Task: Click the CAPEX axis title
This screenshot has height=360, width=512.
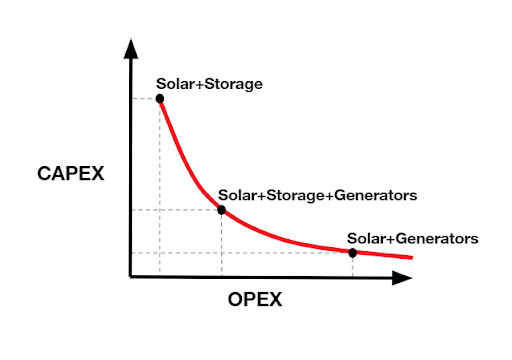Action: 71,175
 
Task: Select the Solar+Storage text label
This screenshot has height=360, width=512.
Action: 209,84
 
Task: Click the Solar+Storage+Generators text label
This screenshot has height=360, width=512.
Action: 317,194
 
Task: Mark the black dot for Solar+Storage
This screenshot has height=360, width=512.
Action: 160,98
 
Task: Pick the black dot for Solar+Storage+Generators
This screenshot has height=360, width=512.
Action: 221,210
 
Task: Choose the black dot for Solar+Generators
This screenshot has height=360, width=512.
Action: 353,252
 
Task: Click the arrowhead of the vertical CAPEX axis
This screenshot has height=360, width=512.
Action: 130,47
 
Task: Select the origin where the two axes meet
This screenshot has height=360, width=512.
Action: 130,276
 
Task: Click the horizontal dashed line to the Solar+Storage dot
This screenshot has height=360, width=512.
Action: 145,98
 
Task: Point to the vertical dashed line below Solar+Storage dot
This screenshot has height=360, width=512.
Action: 160,190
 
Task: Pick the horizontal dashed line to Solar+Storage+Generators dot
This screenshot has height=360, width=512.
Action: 175,210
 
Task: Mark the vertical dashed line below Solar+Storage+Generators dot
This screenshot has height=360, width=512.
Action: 221,244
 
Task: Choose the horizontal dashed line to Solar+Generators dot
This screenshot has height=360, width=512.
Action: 240,252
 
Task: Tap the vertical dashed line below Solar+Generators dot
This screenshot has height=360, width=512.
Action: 353,264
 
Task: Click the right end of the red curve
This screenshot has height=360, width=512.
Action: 411,258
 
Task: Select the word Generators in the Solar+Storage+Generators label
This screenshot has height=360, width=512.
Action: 374,194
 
